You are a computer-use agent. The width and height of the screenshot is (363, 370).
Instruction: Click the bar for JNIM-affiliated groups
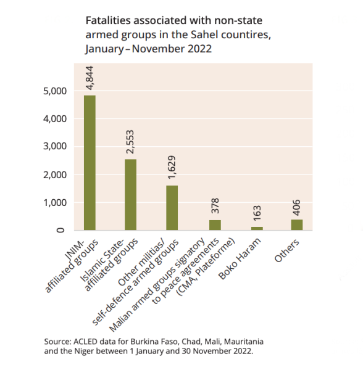[x=90, y=163]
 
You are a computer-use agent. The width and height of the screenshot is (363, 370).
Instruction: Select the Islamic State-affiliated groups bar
[x=131, y=195]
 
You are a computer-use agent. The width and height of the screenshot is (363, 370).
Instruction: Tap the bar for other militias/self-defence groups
[x=172, y=208]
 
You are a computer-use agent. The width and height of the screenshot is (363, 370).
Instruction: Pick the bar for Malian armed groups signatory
[x=215, y=225]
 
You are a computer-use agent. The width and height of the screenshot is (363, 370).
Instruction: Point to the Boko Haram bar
[x=257, y=228]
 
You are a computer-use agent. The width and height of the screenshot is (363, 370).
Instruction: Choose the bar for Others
[x=297, y=225]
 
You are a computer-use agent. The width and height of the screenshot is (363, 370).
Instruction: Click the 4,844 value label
[x=90, y=78]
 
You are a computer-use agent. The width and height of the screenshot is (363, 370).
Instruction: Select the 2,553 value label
[x=130, y=142]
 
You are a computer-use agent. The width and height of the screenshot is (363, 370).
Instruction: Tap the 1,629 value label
[x=172, y=167]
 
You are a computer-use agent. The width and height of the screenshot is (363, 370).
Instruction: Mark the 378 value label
[x=215, y=206]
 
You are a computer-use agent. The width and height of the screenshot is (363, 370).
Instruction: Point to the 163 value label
[x=257, y=213]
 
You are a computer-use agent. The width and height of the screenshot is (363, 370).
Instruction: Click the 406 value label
[x=297, y=208]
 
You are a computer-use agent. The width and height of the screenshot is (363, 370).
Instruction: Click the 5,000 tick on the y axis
[x=55, y=91]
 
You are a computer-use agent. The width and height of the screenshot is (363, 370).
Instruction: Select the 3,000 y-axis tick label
[x=55, y=147]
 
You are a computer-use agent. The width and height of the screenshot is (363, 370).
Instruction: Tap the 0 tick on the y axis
[x=60, y=230]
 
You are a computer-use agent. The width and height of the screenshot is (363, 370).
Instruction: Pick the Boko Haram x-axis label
[x=240, y=259]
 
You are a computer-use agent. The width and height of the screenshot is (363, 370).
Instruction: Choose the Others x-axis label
[x=287, y=250]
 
